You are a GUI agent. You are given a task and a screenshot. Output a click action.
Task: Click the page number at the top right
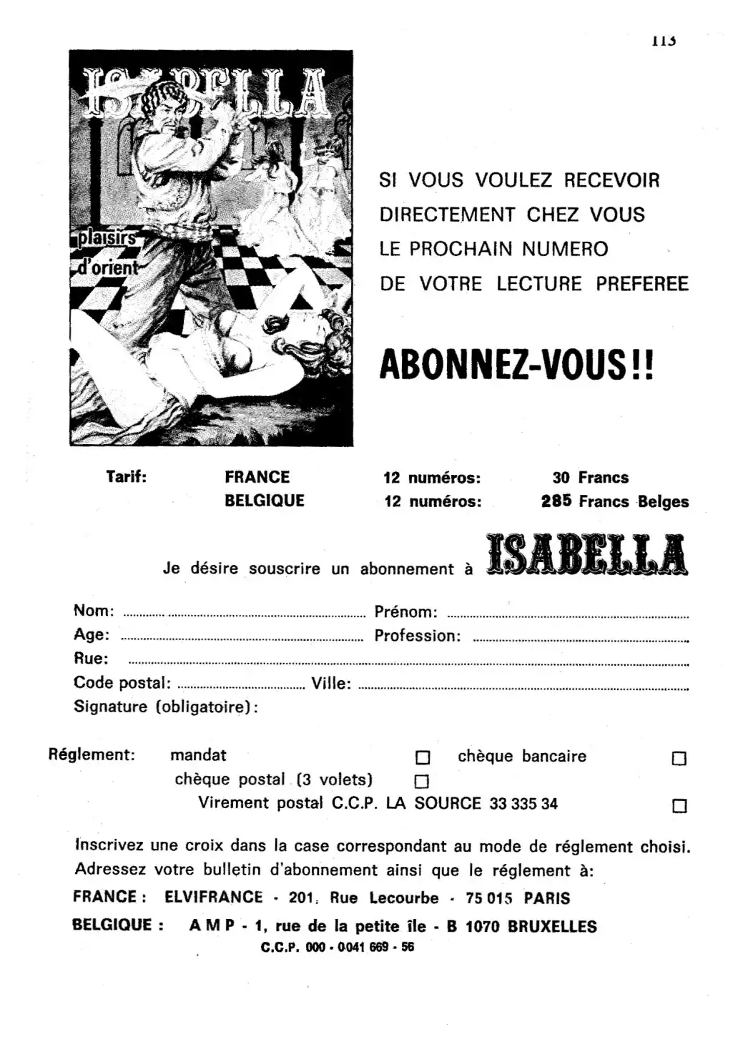[664, 41]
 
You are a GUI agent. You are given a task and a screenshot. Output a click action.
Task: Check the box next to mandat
[423, 757]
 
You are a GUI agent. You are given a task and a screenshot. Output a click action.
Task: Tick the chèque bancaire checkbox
[679, 758]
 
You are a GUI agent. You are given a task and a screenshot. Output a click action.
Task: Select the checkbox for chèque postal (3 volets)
[423, 781]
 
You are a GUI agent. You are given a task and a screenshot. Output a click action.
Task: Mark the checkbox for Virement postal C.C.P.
[679, 806]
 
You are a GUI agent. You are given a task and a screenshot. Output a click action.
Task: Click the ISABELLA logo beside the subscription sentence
[586, 556]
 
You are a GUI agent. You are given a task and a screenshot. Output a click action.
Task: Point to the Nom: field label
[94, 611]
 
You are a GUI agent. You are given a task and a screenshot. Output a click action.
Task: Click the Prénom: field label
[405, 612]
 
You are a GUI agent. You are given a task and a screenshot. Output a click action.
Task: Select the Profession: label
[418, 636]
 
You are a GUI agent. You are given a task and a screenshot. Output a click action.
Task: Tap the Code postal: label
[122, 682]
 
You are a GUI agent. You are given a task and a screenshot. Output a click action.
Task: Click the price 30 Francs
[590, 478]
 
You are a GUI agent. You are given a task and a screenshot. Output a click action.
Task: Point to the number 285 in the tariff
[556, 501]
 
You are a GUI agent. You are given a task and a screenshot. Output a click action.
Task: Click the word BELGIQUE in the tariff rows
[265, 501]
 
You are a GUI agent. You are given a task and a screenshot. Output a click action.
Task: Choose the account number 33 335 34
[523, 804]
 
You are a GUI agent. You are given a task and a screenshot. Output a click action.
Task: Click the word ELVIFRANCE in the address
[214, 898]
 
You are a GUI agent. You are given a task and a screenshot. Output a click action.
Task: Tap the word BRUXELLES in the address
[552, 927]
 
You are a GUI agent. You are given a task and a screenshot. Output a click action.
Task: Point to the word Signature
[110, 707]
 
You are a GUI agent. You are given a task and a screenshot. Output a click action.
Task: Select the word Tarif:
[127, 476]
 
